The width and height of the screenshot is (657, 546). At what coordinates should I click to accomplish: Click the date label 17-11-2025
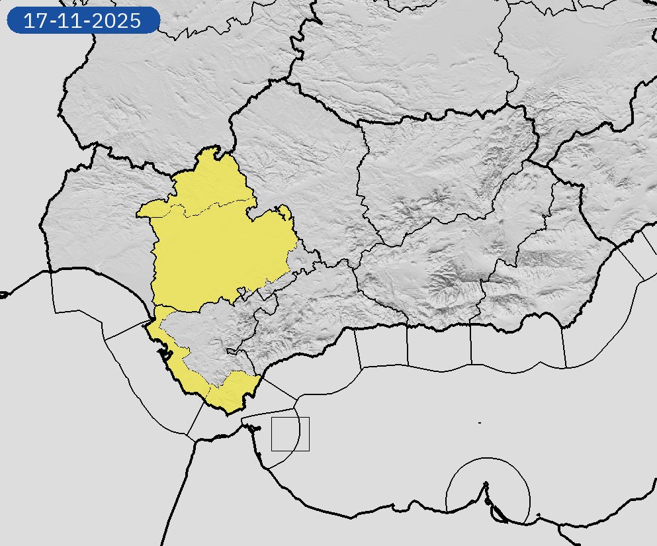pos(83,21)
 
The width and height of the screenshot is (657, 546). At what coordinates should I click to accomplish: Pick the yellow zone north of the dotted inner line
pos(212,182)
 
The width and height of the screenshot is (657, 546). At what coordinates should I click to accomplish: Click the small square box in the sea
pos(290,434)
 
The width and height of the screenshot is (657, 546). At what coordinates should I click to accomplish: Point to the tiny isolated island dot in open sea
pos(479,422)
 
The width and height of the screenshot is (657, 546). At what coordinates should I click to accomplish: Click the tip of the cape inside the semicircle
pos(486,484)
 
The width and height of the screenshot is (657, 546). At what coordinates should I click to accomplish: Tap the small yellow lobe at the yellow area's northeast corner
pos(285,212)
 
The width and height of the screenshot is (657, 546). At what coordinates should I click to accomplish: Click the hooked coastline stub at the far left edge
pos(3,295)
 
